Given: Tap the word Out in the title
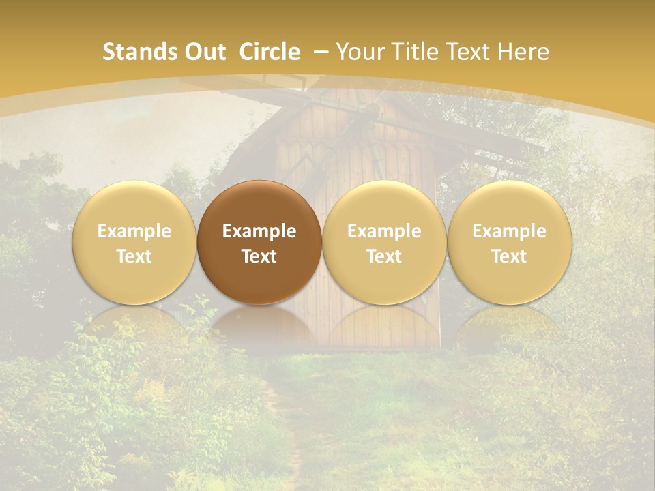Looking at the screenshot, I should click(203, 52).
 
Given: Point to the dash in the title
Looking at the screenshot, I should click(322, 52).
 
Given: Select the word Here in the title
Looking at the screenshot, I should click(524, 52).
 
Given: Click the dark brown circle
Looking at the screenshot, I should click(259, 242).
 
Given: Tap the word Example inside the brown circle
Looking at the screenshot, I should click(259, 231).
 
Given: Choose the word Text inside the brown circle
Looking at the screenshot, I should click(259, 256).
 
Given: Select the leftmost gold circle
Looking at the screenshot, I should click(134, 242).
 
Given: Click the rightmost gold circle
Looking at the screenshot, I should click(510, 242).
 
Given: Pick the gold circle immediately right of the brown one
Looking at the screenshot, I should click(384, 242).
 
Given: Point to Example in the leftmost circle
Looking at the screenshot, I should click(134, 231).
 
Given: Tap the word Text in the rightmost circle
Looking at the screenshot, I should click(510, 256).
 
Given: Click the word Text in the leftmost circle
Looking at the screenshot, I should click(134, 256).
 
